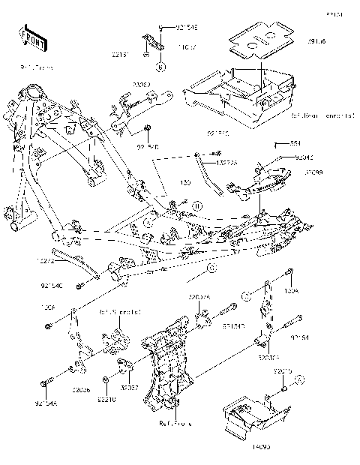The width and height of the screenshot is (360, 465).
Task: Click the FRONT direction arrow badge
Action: [29, 37]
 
